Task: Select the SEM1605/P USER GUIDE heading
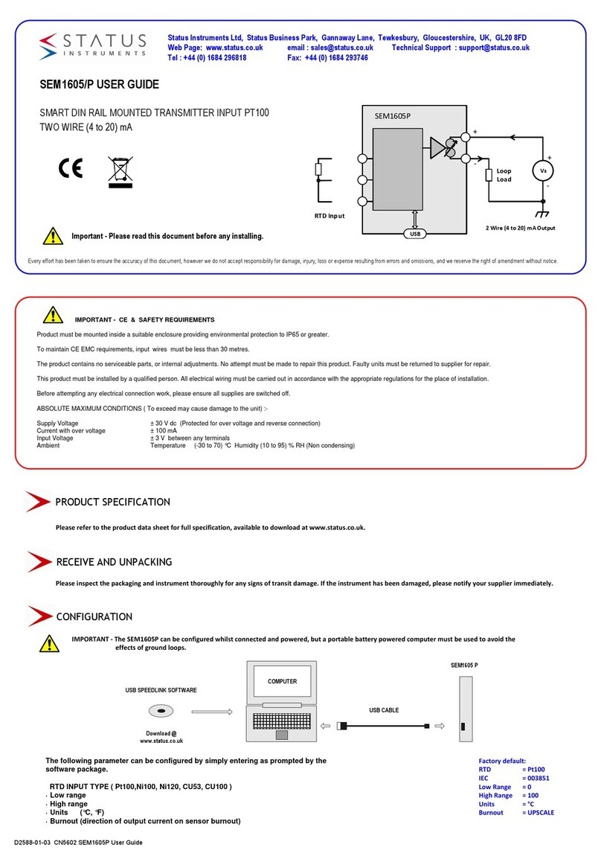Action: tap(98, 85)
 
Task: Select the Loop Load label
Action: tap(504, 175)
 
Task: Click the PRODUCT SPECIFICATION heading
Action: tap(112, 502)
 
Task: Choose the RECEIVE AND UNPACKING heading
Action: tap(114, 561)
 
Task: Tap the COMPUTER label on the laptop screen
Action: tap(282, 681)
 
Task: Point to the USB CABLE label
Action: tap(384, 710)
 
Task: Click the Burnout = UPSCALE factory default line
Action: tap(516, 812)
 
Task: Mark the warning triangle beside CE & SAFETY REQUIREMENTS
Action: tap(52, 314)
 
